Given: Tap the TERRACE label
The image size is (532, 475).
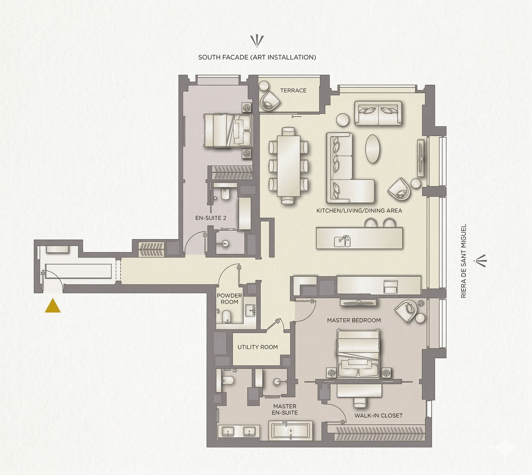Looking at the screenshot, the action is [293, 91].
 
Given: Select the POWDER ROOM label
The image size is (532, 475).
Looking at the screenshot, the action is [230, 299].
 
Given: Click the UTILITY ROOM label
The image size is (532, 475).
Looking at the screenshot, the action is [258, 347].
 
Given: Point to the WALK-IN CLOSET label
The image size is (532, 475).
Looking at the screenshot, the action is [378, 415].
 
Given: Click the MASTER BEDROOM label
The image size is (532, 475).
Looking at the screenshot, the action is [354, 320].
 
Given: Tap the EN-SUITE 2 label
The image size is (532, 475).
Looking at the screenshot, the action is [211, 218].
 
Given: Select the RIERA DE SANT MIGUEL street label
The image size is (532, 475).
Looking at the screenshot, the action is [463, 261].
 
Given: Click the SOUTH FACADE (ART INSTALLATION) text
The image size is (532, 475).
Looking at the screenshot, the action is [257, 57].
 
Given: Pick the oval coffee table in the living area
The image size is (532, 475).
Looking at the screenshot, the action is [372, 149].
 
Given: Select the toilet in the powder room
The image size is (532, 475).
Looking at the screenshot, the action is [226, 317].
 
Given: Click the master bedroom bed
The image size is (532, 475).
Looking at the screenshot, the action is [358, 354].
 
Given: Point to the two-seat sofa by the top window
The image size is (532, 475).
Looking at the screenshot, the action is [378, 113].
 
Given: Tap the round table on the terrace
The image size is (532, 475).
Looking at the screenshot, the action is [264, 86].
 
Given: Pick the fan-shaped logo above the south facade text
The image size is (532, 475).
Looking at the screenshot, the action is [257, 41].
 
